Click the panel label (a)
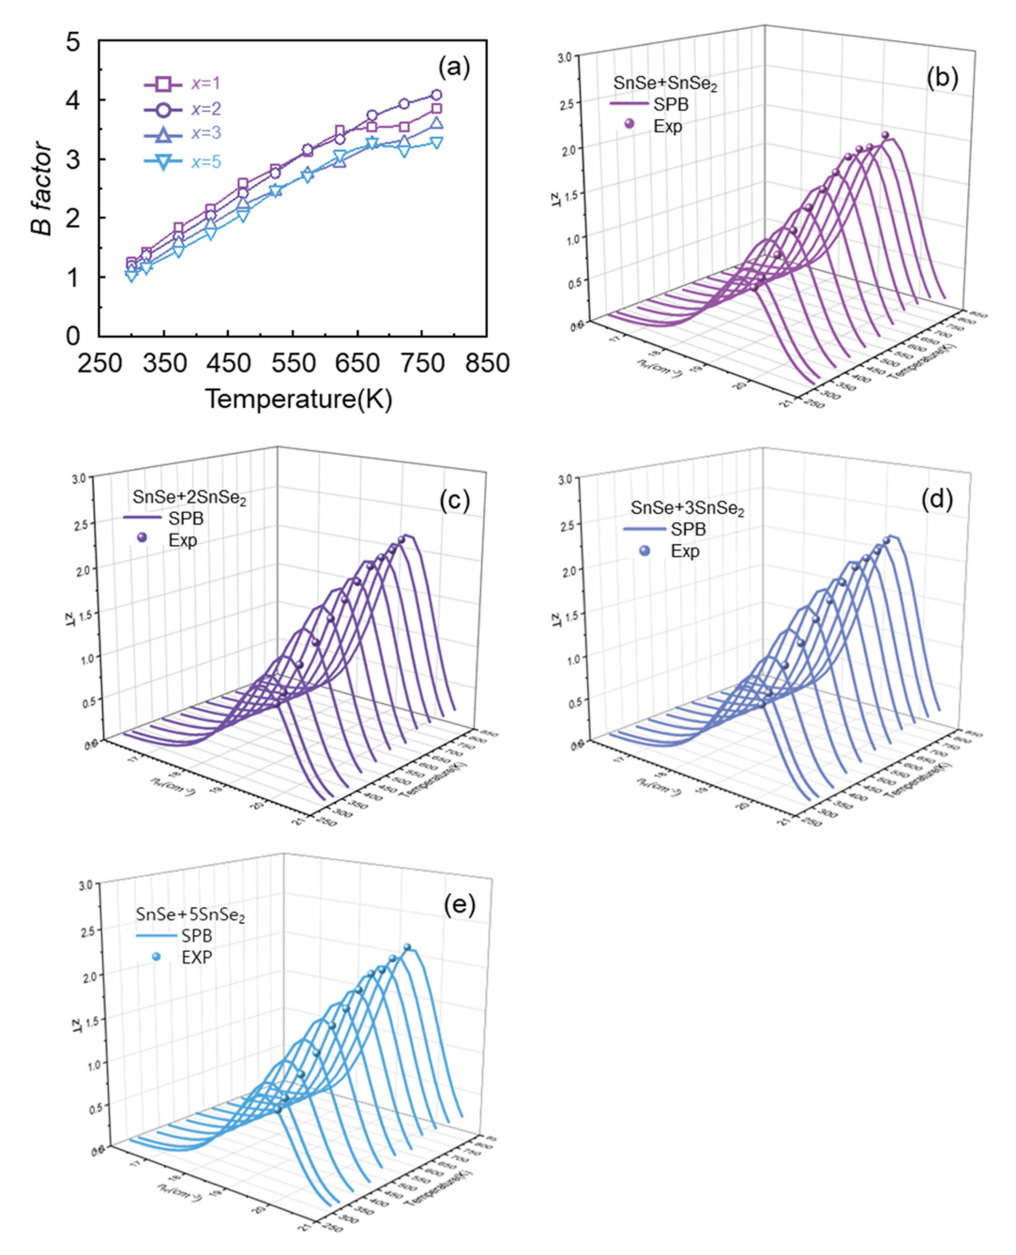pyautogui.click(x=454, y=67)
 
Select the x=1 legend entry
pyautogui.click(x=183, y=83)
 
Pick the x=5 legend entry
pyautogui.click(x=183, y=161)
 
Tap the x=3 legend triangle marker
pyautogui.click(x=163, y=134)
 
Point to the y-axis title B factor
pyautogui.click(x=41, y=188)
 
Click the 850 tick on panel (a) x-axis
pyautogui.click(x=487, y=363)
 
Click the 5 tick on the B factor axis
pyautogui.click(x=73, y=42)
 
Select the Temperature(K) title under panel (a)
pyautogui.click(x=298, y=400)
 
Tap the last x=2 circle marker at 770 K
pyautogui.click(x=436, y=95)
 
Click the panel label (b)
pyautogui.click(x=942, y=77)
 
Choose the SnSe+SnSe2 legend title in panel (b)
pyautogui.click(x=665, y=84)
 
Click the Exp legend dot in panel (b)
pyautogui.click(x=629, y=124)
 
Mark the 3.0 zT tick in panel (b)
pyautogui.click(x=564, y=57)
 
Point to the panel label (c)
pyautogui.click(x=455, y=500)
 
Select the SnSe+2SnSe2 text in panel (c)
pyautogui.click(x=190, y=497)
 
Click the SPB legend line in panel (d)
pyautogui.click(x=644, y=529)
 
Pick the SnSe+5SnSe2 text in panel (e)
pyautogui.click(x=190, y=915)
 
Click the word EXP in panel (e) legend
pyautogui.click(x=197, y=957)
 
